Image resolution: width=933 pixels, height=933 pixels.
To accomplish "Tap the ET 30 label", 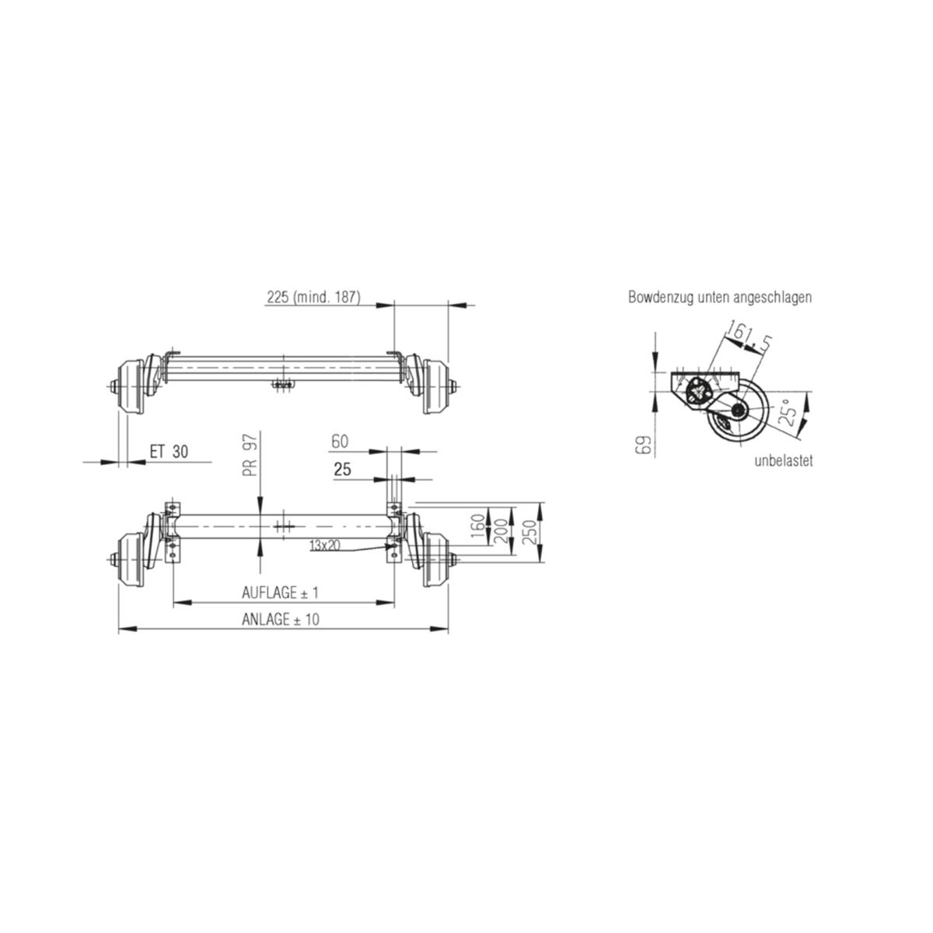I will (169, 452).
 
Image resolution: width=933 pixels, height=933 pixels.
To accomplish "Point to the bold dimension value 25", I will (341, 470).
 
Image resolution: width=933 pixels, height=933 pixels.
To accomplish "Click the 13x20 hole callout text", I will (324, 546).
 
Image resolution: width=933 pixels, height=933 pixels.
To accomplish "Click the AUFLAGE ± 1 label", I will (281, 592).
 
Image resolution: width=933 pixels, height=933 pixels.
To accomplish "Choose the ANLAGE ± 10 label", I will (281, 620).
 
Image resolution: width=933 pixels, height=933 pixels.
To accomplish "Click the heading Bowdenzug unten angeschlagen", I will (720, 297).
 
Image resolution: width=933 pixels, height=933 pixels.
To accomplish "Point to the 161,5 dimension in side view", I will (746, 337).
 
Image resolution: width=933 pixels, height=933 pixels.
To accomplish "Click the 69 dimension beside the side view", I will (642, 446).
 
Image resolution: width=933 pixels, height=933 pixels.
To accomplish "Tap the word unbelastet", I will (783, 461).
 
